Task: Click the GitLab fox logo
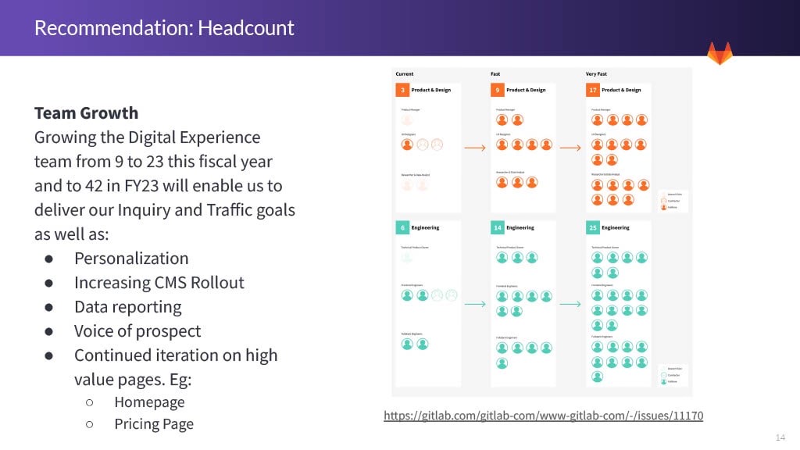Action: [720, 53]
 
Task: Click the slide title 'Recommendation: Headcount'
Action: [164, 28]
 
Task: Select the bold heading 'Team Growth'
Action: [86, 112]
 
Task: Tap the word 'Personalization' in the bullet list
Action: [131, 258]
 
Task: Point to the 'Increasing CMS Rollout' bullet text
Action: [159, 282]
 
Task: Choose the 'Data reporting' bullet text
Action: [127, 306]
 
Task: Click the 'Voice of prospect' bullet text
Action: [137, 330]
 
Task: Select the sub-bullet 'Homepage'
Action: [149, 402]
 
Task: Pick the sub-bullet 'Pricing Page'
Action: [154, 423]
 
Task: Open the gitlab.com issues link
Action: [543, 415]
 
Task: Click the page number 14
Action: [780, 437]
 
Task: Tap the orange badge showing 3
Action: [402, 90]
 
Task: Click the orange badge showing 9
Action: [497, 90]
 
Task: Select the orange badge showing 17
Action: [593, 90]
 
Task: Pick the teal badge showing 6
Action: [402, 227]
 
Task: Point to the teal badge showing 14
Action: [497, 227]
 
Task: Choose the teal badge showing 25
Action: [593, 227]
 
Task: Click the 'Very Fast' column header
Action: [597, 74]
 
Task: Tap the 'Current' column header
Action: [405, 74]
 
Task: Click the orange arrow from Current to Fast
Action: [475, 147]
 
